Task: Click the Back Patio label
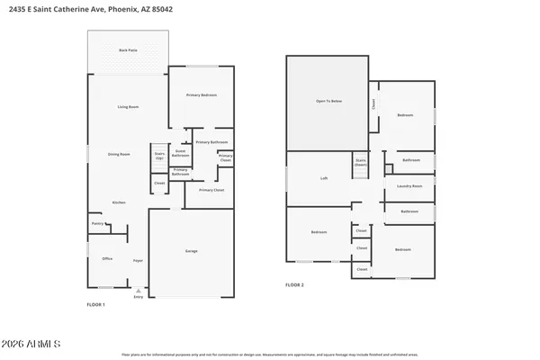point(128,50)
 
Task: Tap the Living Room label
point(128,108)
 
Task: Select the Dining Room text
point(119,154)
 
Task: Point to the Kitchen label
point(119,202)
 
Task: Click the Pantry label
point(97,224)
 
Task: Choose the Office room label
point(106,259)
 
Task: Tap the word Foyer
point(138,260)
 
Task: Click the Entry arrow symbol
point(138,292)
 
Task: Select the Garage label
point(191,251)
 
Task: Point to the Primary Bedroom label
point(202,95)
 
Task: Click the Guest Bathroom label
point(180,153)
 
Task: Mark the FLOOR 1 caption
point(95,304)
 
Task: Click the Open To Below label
point(328,102)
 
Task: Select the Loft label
point(324,178)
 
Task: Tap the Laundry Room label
point(409,186)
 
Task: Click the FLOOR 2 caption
point(295,284)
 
